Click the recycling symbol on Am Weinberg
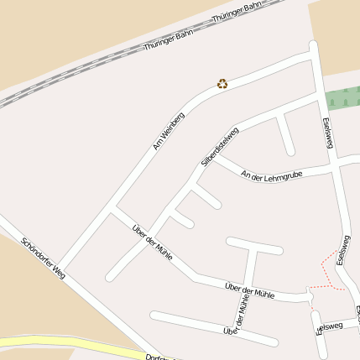[222, 83]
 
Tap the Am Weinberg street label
[168, 131]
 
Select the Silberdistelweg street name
[220, 144]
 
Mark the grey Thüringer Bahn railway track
[84, 67]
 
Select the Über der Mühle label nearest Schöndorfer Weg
[153, 241]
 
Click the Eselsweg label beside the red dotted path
[342, 251]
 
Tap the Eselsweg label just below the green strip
[327, 133]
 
